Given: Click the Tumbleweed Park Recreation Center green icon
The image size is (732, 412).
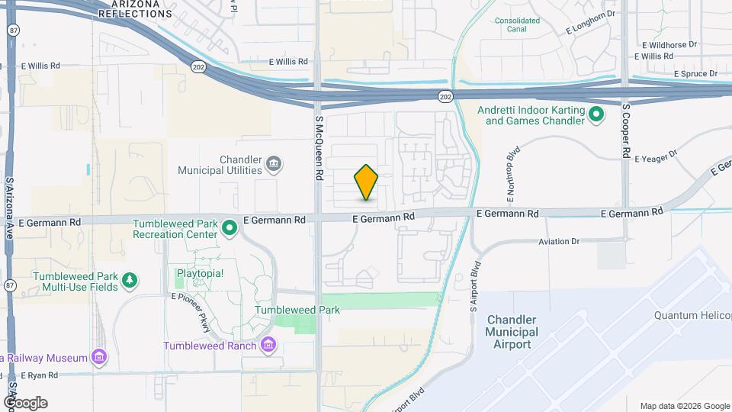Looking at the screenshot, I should tap(229, 228).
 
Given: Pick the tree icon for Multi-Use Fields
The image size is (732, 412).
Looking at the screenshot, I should tap(130, 281).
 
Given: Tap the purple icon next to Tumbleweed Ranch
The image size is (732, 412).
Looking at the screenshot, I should tap(268, 346).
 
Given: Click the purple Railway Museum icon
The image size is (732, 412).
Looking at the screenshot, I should tap(98, 356).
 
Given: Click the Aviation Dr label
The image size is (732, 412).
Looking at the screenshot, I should tap(558, 241).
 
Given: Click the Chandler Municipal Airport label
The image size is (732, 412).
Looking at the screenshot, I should tap(512, 332).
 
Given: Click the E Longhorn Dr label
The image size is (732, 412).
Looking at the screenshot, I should tap(590, 29).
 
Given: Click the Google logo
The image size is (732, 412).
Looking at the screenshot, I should tap(24, 402).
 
